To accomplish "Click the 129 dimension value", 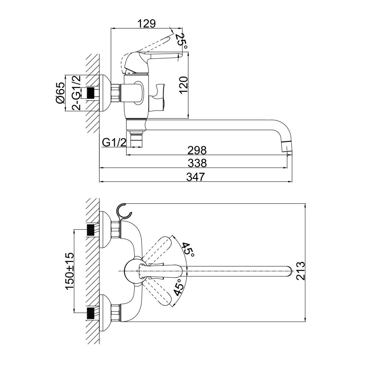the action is (147, 24).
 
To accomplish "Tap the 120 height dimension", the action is (184, 85).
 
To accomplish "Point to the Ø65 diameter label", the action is (60, 93).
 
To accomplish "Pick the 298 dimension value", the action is (197, 150).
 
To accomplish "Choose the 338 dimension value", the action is (197, 163).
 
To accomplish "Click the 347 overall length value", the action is (196, 177).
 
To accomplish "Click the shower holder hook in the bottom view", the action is (124, 212).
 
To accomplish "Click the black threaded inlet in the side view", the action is (91, 93).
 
